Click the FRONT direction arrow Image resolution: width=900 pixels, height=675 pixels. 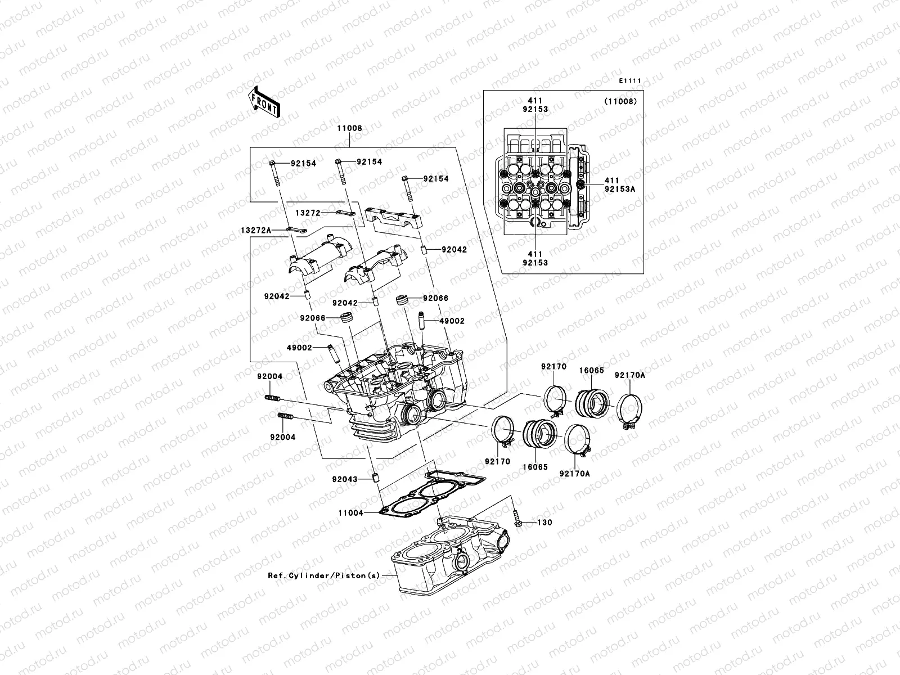pos(264,101)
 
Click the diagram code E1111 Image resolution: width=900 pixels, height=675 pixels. pos(630,81)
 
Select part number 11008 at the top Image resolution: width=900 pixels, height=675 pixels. pos(349,128)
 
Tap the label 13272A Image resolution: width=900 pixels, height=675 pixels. pos(256,230)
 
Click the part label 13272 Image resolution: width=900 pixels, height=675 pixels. pos(307,213)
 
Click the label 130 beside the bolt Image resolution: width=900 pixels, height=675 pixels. pos(544,523)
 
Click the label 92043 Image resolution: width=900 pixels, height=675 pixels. pos(344,479)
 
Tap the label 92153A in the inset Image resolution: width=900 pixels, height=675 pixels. pos(619,190)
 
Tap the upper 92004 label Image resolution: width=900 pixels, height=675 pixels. pos(270,376)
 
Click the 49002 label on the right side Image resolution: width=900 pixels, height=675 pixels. pos(452,321)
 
